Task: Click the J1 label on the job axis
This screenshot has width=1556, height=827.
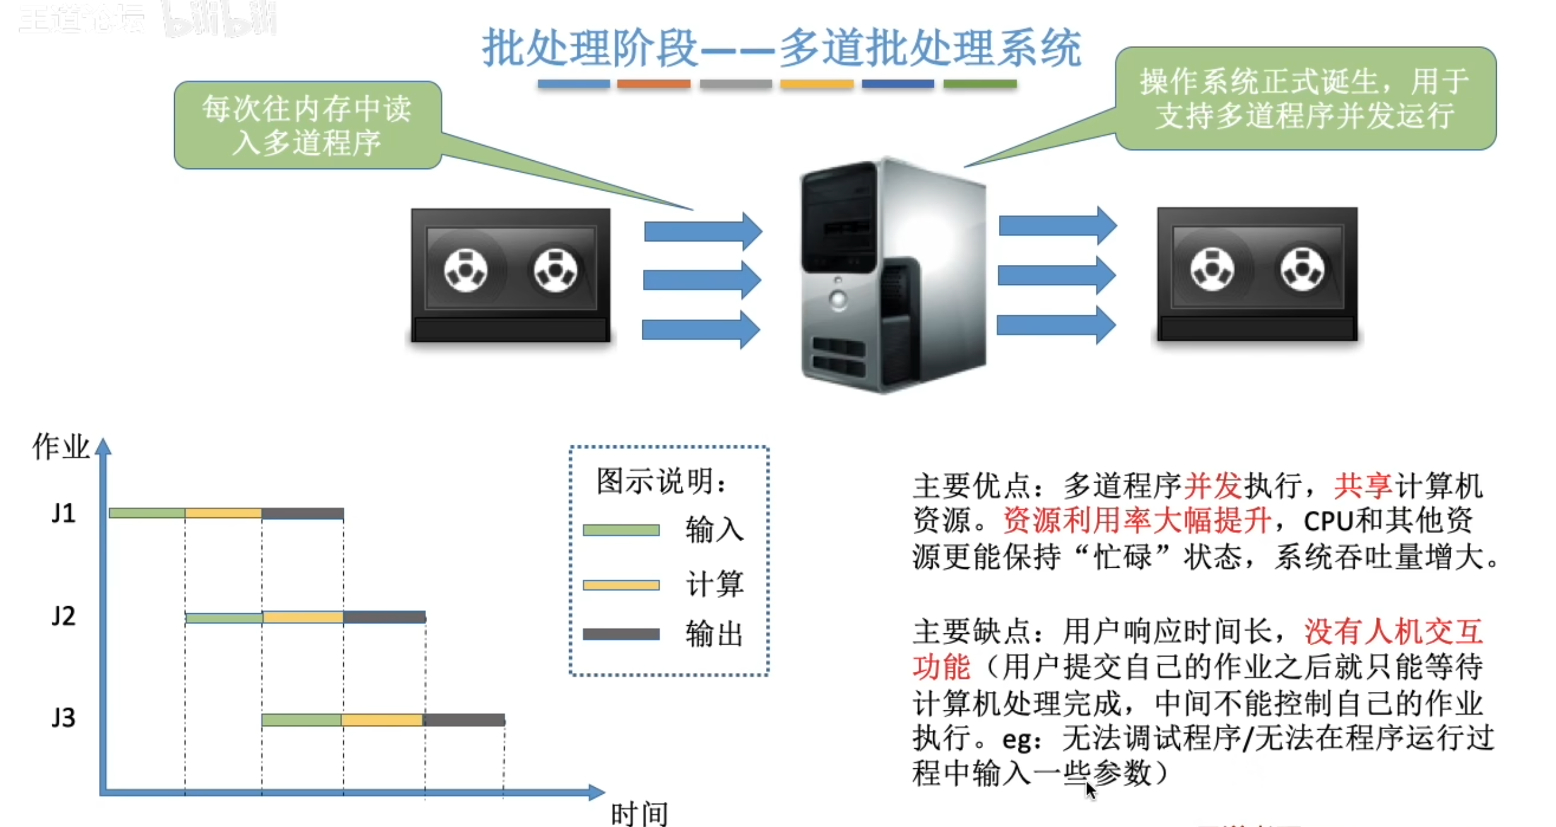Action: [x=64, y=513]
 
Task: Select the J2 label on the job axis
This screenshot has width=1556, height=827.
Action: [x=64, y=616]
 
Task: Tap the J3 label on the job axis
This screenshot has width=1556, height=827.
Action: [x=64, y=718]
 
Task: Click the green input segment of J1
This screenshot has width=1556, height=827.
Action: [x=147, y=513]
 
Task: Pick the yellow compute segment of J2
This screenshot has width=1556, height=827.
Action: [x=303, y=617]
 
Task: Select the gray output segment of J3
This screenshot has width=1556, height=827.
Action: [x=464, y=720]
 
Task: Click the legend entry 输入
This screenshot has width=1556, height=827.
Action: [x=714, y=529]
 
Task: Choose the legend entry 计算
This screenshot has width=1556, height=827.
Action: [x=714, y=584]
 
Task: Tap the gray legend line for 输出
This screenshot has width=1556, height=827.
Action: [x=621, y=634]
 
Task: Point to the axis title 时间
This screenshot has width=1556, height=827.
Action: [x=639, y=814]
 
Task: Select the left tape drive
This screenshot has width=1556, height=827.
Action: [x=510, y=275]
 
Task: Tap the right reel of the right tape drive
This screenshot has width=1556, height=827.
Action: [x=1302, y=270]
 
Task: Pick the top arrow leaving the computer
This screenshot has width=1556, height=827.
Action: [x=1057, y=225]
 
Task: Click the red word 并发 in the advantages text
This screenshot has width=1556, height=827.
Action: [x=1213, y=486]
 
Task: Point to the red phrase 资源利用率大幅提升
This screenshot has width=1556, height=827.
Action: [x=1136, y=521]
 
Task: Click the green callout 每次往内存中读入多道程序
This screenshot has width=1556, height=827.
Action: [x=307, y=125]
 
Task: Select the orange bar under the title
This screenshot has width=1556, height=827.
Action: [x=653, y=84]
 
